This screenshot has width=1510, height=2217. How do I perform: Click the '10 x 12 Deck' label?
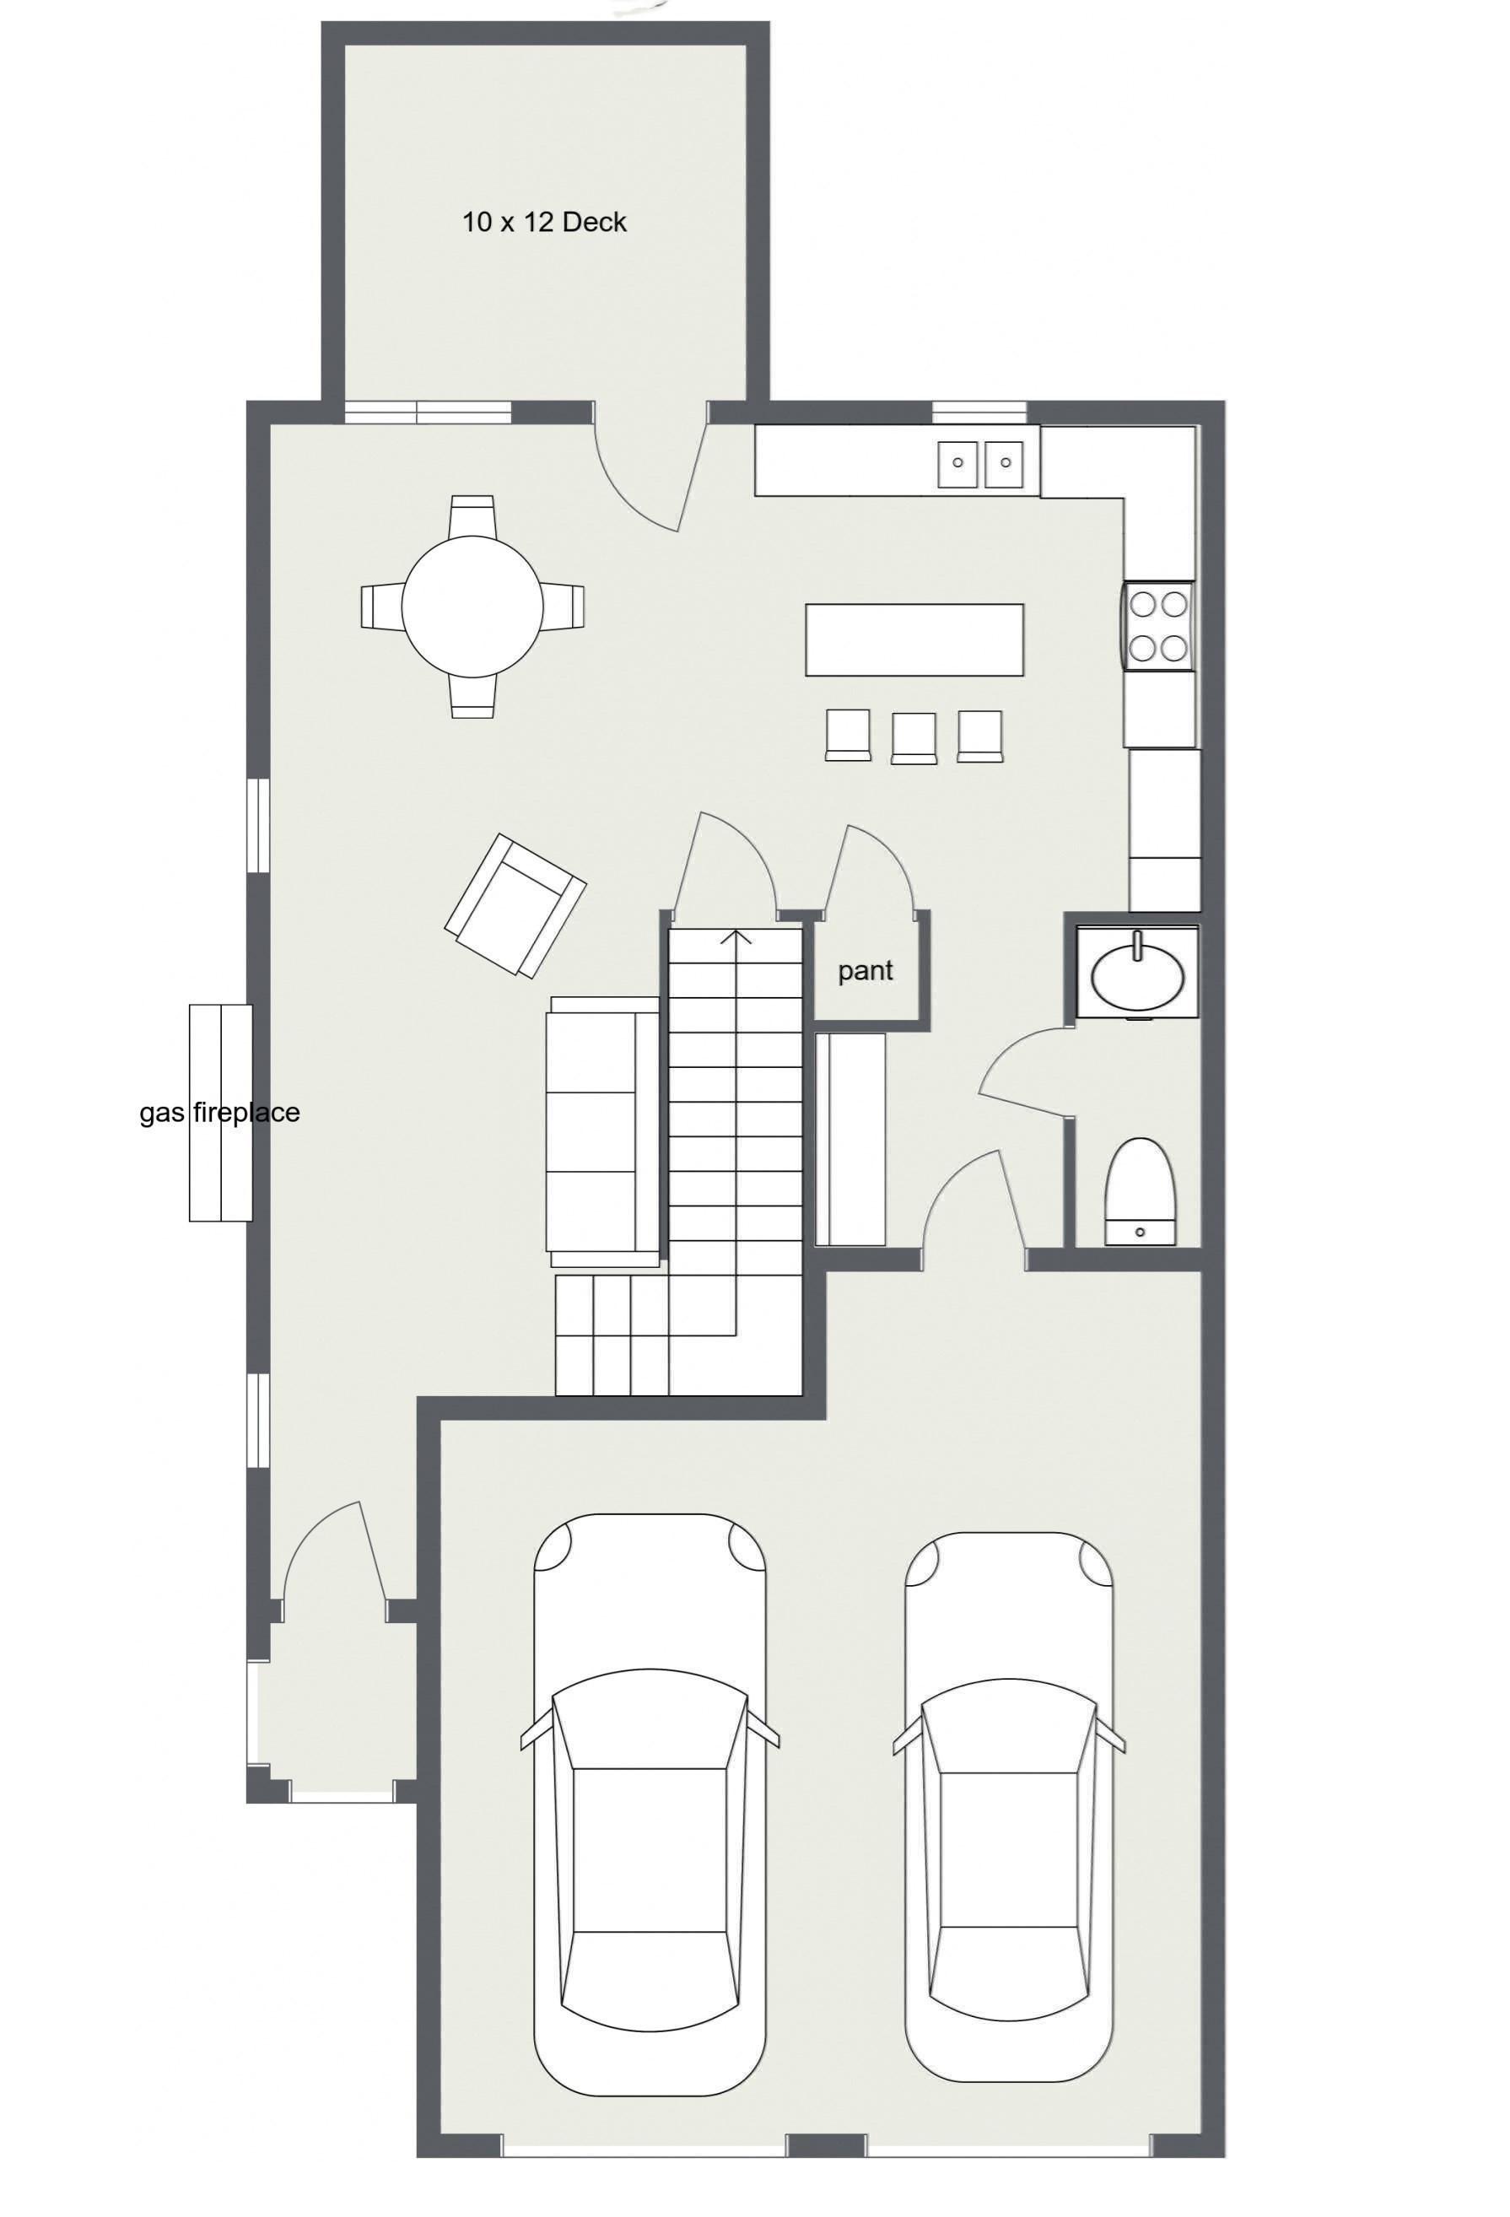[544, 222]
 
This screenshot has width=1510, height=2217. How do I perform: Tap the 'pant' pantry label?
[866, 971]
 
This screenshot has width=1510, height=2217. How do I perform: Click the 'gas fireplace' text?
[219, 1113]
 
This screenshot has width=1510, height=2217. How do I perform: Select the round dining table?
[472, 606]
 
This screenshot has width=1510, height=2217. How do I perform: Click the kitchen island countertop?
[914, 639]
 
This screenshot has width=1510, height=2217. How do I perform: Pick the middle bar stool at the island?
[913, 737]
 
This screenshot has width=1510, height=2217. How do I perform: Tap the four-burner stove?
[1158, 626]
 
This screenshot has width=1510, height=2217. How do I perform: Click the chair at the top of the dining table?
[472, 515]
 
